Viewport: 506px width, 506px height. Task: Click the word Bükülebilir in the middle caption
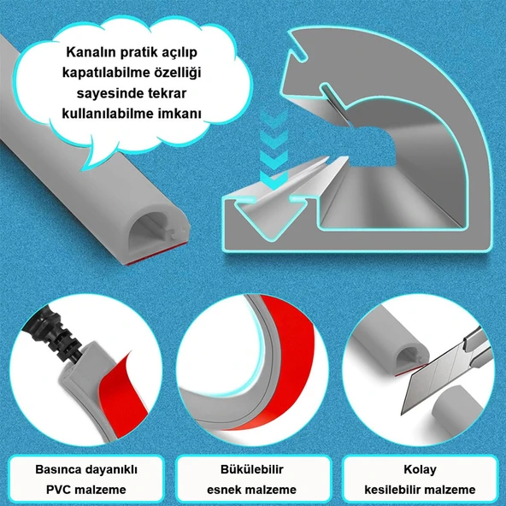[251, 469]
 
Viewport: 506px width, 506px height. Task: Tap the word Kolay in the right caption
[420, 469]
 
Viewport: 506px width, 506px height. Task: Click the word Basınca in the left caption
[57, 469]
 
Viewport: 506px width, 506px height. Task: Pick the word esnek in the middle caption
[223, 490]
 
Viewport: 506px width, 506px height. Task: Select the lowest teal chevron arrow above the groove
[274, 179]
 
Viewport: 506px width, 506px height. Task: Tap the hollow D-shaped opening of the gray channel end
[149, 232]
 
